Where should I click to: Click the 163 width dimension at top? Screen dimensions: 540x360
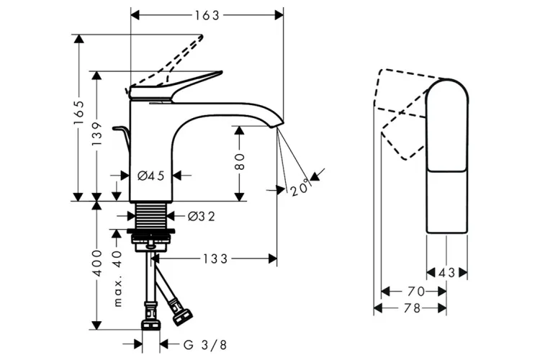[207, 16]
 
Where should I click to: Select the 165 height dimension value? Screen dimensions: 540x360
[79, 113]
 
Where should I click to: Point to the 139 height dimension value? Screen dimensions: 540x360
[97, 133]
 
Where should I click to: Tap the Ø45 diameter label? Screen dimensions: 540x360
[151, 176]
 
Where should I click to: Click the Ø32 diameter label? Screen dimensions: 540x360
[202, 216]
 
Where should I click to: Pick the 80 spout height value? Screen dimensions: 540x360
[240, 162]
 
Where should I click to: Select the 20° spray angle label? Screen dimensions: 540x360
[301, 188]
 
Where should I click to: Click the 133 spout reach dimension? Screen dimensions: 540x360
[215, 258]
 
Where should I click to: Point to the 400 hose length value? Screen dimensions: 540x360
[97, 264]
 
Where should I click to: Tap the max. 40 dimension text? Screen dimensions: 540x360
[117, 279]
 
